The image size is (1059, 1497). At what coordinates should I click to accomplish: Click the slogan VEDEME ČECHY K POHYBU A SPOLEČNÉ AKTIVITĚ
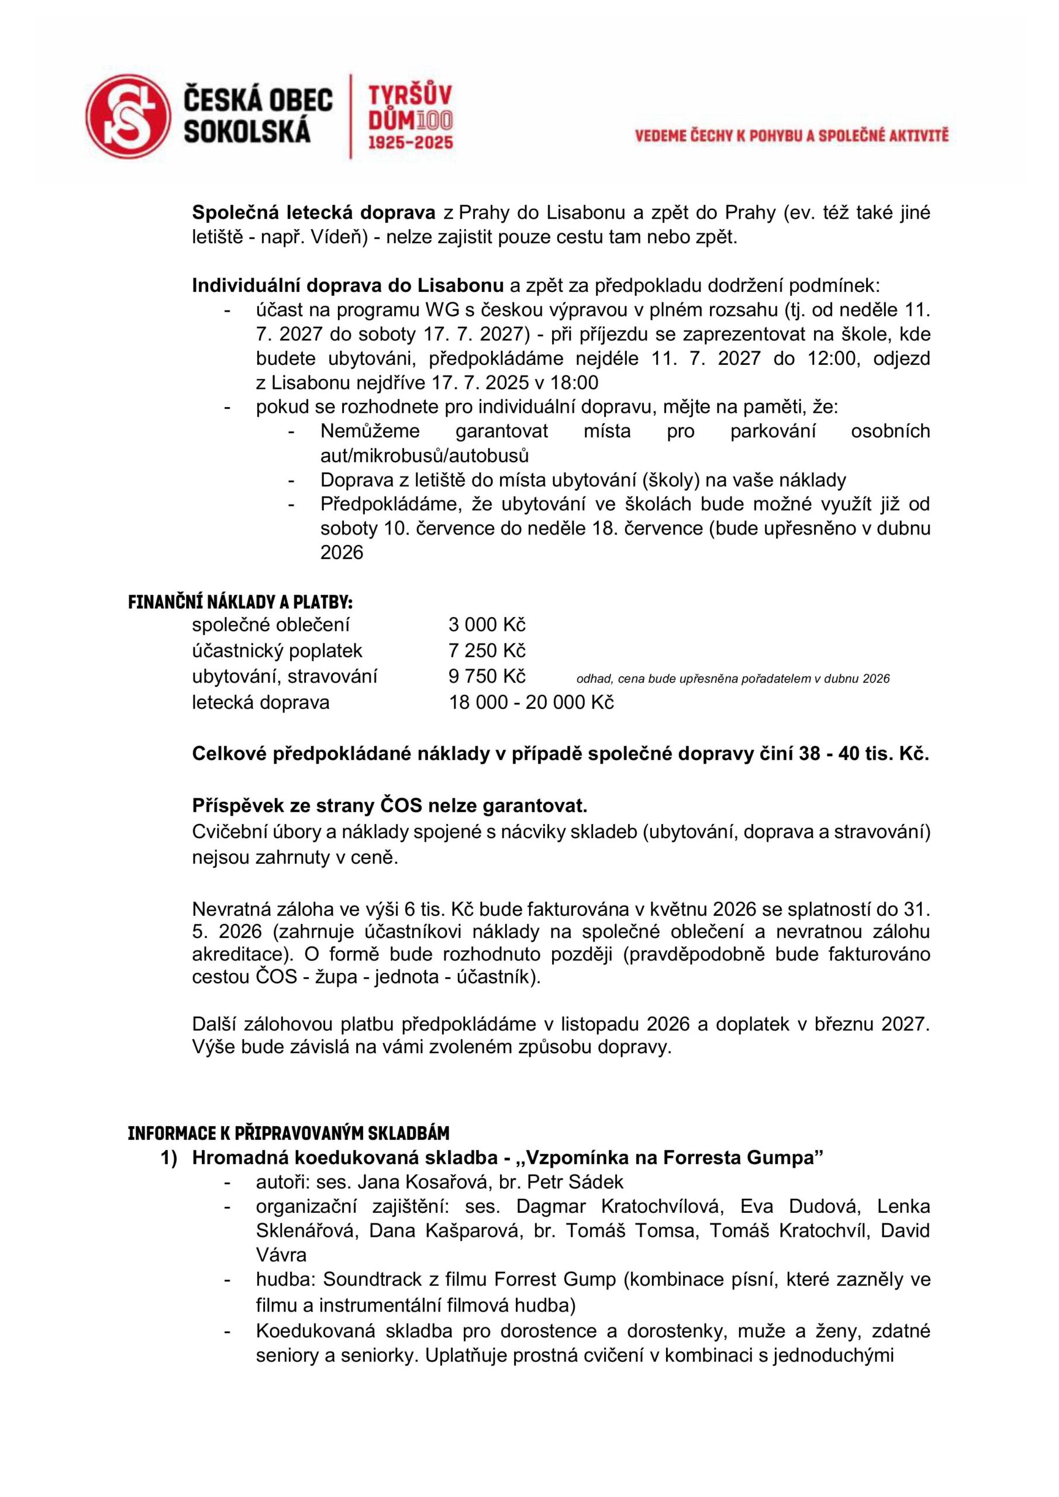792,136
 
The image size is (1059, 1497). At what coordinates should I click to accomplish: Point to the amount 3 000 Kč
487,625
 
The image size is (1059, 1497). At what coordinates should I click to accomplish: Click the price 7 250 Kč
487,651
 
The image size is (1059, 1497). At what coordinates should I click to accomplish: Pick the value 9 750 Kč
487,676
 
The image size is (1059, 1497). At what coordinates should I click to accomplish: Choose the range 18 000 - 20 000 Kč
531,702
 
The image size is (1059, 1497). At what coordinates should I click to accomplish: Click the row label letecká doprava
260,702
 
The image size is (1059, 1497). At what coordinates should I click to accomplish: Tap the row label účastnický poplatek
277,651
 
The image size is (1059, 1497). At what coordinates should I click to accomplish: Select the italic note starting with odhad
732,679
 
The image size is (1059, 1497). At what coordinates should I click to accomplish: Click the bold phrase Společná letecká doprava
313,212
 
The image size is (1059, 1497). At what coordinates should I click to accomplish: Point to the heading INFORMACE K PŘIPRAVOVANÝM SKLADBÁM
288,1133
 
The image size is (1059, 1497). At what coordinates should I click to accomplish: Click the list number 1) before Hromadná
169,1158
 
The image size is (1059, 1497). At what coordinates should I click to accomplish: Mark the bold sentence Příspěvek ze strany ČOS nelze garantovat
389,806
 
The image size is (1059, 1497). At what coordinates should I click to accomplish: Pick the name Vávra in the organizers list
281,1254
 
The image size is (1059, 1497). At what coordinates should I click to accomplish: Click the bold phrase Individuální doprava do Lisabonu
347,285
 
